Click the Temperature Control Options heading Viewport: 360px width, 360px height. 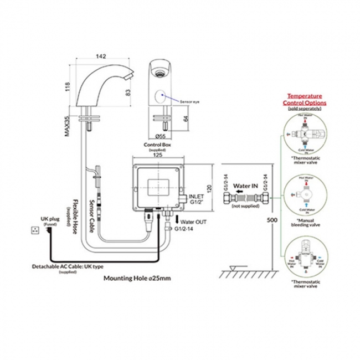pos(304,99)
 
